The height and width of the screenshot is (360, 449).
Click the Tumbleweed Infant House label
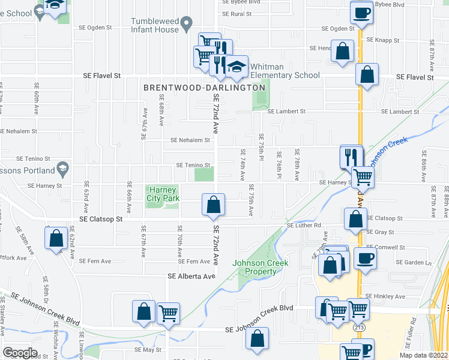click(x=155, y=25)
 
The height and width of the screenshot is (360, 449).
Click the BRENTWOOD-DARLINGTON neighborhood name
click(x=204, y=88)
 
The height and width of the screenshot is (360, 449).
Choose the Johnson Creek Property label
click(x=260, y=267)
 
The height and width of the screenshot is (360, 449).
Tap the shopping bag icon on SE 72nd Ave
click(x=213, y=205)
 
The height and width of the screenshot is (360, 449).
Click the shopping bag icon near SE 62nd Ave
click(x=56, y=238)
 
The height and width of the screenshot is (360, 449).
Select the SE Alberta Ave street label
click(x=191, y=276)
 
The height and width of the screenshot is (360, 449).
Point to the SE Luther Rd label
click(x=305, y=225)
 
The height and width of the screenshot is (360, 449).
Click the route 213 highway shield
click(x=359, y=328)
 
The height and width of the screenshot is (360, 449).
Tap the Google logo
click(x=20, y=353)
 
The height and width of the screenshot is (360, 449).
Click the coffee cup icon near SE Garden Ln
click(x=365, y=259)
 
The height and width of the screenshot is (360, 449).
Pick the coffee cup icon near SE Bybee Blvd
click(x=361, y=13)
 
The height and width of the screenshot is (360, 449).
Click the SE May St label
click(x=148, y=349)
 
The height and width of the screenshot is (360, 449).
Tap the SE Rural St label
click(x=237, y=13)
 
